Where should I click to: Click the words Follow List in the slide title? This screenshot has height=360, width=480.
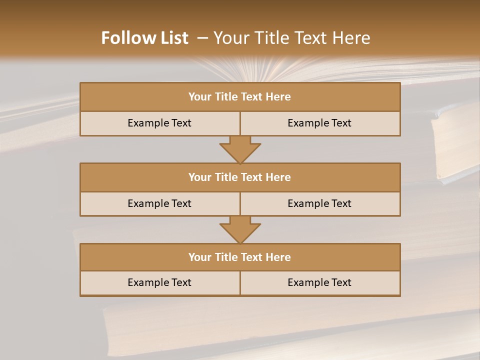[x=144, y=38]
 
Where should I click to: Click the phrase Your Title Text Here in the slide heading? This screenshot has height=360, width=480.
[x=292, y=38]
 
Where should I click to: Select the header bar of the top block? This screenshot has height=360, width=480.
[x=240, y=97]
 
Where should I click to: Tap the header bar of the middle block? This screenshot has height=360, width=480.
[x=240, y=177]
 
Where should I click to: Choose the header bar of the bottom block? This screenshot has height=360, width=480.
[x=240, y=257]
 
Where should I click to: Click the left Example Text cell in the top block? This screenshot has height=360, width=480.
[x=159, y=123]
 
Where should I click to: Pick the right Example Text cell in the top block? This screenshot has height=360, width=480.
[x=319, y=123]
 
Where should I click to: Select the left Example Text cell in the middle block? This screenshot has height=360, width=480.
[x=159, y=203]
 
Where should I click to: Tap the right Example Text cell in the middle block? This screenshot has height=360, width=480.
[x=319, y=203]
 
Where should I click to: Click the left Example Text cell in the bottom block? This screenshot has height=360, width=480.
[x=159, y=282]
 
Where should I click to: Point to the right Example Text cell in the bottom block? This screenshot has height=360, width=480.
[x=319, y=282]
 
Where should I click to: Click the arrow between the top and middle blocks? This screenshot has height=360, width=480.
[x=240, y=149]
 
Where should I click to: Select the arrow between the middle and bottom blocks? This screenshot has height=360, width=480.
[x=240, y=229]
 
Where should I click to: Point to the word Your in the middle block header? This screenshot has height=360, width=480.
[x=199, y=177]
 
